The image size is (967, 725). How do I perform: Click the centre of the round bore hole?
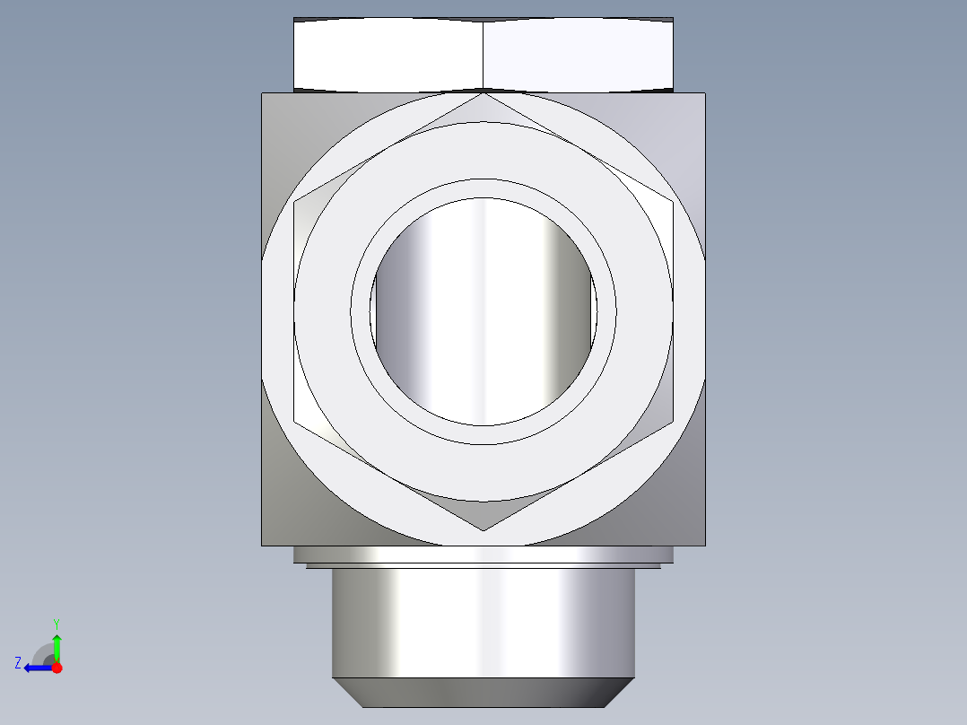[x=483, y=311]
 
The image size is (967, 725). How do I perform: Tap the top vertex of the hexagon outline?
[x=483, y=92]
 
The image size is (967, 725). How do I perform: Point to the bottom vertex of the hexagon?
[x=483, y=530]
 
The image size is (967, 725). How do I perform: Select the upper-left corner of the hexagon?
[x=294, y=202]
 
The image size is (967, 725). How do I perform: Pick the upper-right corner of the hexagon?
[x=673, y=202]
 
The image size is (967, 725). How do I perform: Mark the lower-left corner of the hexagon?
[x=294, y=421]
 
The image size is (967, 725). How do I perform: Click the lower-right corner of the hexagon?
[x=673, y=421]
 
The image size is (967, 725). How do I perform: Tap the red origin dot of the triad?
[x=57, y=668]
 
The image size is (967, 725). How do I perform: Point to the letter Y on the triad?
[x=57, y=623]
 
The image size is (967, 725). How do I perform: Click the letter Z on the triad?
[x=18, y=663]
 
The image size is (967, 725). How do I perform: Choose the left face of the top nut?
[x=388, y=54]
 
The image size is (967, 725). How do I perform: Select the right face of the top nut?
[x=579, y=54]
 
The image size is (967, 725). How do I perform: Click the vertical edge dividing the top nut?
[x=483, y=54]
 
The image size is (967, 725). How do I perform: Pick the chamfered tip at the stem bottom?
[x=483, y=692]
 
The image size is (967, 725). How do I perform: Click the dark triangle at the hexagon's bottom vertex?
[x=483, y=516]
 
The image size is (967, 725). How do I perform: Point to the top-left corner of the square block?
[x=263, y=93]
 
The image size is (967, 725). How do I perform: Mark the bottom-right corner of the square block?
[x=704, y=545]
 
